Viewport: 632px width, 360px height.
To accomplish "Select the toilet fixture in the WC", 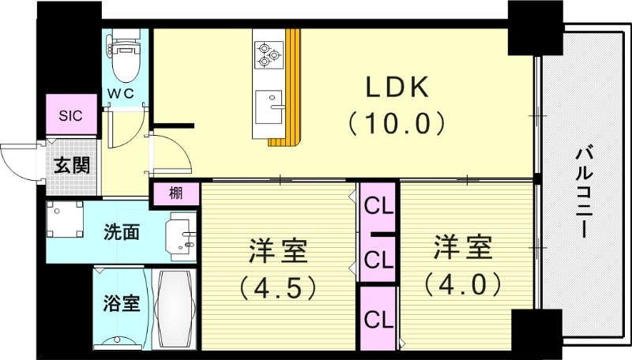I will (x=125, y=60).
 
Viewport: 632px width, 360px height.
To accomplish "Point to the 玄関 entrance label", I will (x=71, y=165).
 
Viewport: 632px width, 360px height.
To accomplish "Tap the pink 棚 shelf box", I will (x=175, y=193).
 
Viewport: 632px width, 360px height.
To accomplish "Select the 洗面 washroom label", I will (x=122, y=232).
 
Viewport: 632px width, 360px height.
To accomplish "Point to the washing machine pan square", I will (x=65, y=220).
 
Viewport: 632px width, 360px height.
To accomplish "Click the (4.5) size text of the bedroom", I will (x=279, y=285).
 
